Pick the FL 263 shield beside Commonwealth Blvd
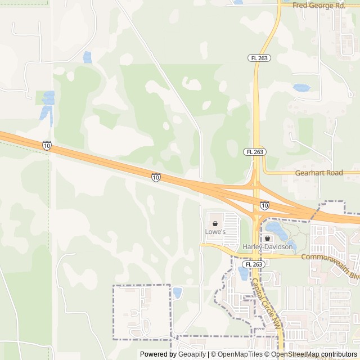[x=253, y=264]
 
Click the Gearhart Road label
[x=319, y=173]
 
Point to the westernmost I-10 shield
[x=47, y=146]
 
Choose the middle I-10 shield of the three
[x=156, y=178]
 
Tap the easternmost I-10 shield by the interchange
[x=264, y=205]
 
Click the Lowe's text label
[x=215, y=232]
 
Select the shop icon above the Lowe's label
[x=215, y=223]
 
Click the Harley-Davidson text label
[x=268, y=247]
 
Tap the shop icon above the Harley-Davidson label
[x=267, y=238]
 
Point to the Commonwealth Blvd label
[x=330, y=258]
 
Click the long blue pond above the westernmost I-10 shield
[x=48, y=107]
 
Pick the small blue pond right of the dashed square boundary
[x=177, y=292]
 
